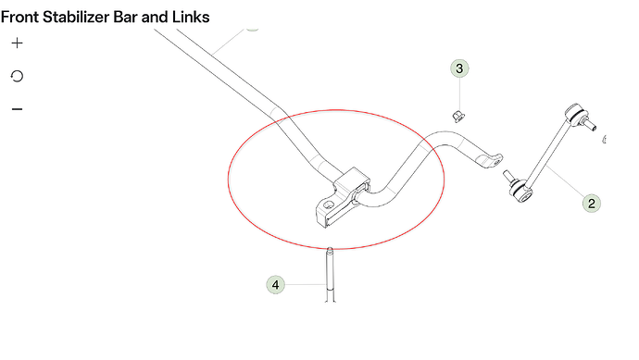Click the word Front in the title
click(20, 17)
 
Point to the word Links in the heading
click(191, 17)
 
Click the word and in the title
click(155, 17)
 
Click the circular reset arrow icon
click(17, 76)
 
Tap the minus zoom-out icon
click(17, 109)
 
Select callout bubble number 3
click(459, 68)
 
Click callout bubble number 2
click(592, 204)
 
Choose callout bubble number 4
click(275, 285)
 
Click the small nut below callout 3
click(458, 117)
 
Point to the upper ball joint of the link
click(574, 112)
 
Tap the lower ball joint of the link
click(522, 193)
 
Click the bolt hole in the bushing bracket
click(328, 205)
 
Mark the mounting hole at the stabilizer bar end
click(496, 162)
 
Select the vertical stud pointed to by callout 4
click(330, 275)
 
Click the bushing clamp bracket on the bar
click(343, 197)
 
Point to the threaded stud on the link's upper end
click(589, 123)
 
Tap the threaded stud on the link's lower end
click(509, 177)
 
